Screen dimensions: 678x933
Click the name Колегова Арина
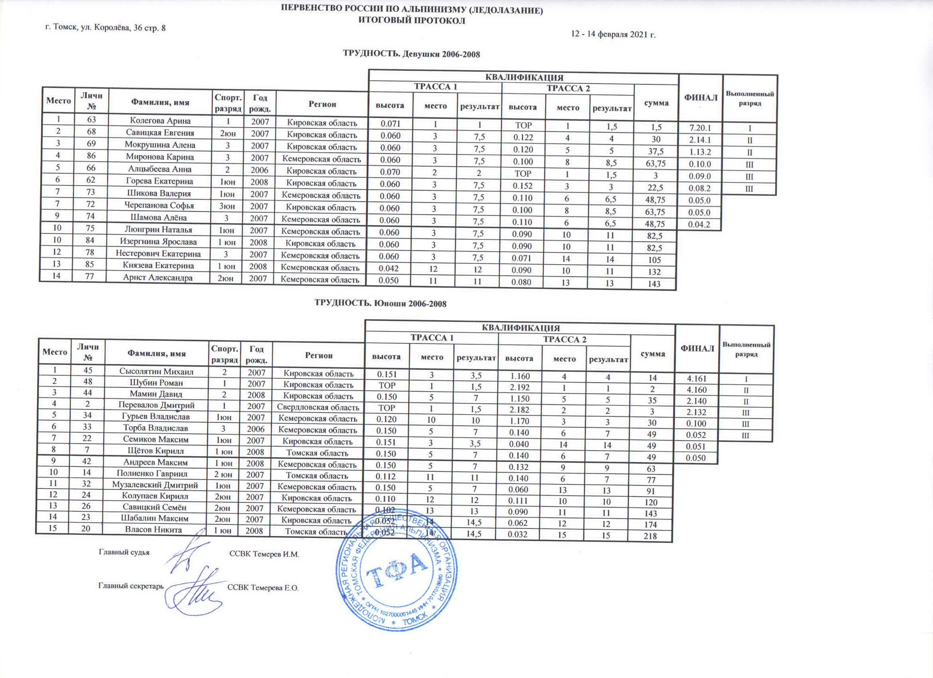[x=160, y=121]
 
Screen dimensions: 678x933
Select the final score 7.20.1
[x=700, y=128]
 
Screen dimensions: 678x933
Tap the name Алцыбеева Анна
[x=160, y=169]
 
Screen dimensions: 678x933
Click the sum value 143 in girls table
[x=654, y=283]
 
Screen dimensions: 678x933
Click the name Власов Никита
[x=153, y=530]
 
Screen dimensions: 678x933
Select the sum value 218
[x=650, y=536]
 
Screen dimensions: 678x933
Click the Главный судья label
[x=124, y=552]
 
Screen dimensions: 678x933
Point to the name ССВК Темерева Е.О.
[x=263, y=588]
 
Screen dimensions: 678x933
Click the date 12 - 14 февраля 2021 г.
[x=613, y=34]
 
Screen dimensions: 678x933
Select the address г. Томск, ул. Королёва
[x=105, y=28]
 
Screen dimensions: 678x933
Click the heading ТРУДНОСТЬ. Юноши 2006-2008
[x=381, y=303]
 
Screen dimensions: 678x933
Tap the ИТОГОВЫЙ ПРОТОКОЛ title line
[x=411, y=20]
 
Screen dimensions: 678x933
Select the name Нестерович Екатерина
[x=158, y=253]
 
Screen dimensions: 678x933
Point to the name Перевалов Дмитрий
[x=156, y=405]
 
